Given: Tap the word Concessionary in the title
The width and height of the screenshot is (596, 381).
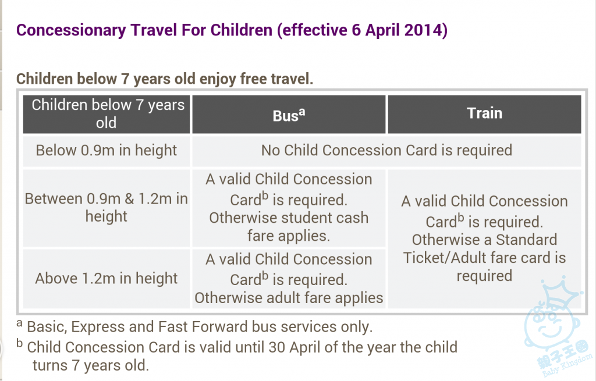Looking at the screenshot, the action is click(71, 30).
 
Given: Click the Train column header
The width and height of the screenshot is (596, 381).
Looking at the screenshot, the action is click(484, 114).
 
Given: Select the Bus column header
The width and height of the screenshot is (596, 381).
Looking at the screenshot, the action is click(289, 114).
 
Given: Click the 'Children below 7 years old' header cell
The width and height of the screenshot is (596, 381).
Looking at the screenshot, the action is click(107, 114).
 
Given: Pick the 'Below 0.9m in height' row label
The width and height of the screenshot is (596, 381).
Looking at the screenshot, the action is click(107, 151).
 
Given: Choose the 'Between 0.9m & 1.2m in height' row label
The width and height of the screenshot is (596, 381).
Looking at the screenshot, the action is click(107, 208).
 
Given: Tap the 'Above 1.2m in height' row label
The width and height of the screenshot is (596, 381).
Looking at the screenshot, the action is click(107, 279).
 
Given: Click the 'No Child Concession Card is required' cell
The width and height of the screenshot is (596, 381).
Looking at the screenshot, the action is click(386, 151).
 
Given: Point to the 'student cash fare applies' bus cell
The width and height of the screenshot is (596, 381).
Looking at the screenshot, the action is click(289, 208).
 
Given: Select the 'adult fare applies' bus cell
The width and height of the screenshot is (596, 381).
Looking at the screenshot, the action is click(289, 279).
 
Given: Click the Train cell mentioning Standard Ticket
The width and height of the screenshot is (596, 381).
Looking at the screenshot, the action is click(484, 238).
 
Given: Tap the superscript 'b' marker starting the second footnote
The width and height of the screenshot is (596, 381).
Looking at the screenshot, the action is click(20, 343).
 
